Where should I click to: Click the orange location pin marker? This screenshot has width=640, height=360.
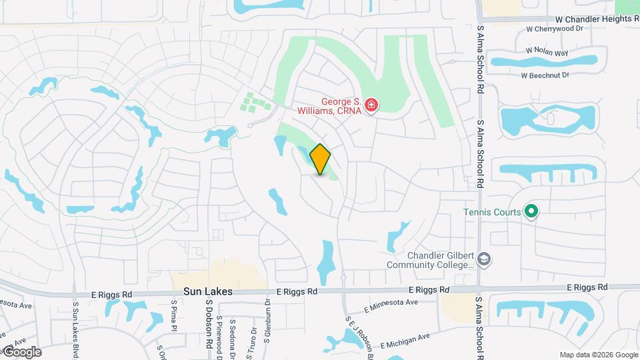coord(321,159)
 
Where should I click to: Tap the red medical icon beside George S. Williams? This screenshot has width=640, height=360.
coord(371,105)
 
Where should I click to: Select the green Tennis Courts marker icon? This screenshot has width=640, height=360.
coord(531,212)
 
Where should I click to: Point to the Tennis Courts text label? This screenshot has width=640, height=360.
coord(492,213)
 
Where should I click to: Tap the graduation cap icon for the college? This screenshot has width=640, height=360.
coord(484,259)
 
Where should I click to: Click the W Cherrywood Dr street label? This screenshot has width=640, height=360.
coord(554,29)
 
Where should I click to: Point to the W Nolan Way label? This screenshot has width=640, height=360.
coord(547,51)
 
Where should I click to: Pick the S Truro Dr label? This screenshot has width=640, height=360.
coord(253,339)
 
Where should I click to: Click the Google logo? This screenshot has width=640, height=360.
coord(22,352)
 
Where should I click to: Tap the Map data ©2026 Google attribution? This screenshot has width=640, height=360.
coord(599,355)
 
